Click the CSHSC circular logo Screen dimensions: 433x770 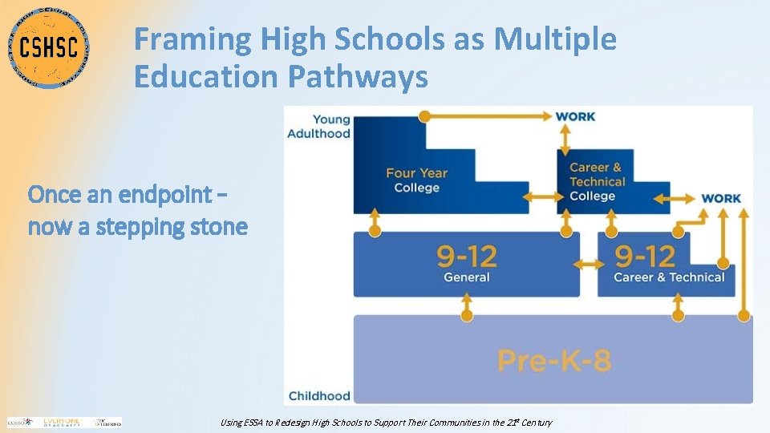click(50, 47)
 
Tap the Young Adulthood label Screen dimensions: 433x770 click(318, 126)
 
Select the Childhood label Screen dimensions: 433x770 click(318, 395)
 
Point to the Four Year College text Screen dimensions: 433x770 click(417, 180)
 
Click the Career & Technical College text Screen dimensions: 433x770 click(594, 181)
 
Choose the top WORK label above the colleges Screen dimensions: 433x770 click(575, 116)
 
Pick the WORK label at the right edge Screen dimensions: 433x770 click(721, 198)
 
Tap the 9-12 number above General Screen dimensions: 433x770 click(467, 257)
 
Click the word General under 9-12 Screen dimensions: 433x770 click(467, 277)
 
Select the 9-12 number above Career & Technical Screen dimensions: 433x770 click(645, 257)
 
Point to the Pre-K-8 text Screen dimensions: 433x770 click(554, 360)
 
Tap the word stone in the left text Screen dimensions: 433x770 click(219, 227)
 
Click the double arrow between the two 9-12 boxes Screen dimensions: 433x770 click(589, 264)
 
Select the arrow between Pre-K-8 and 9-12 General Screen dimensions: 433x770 click(467, 306)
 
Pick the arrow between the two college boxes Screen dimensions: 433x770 click(542, 196)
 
